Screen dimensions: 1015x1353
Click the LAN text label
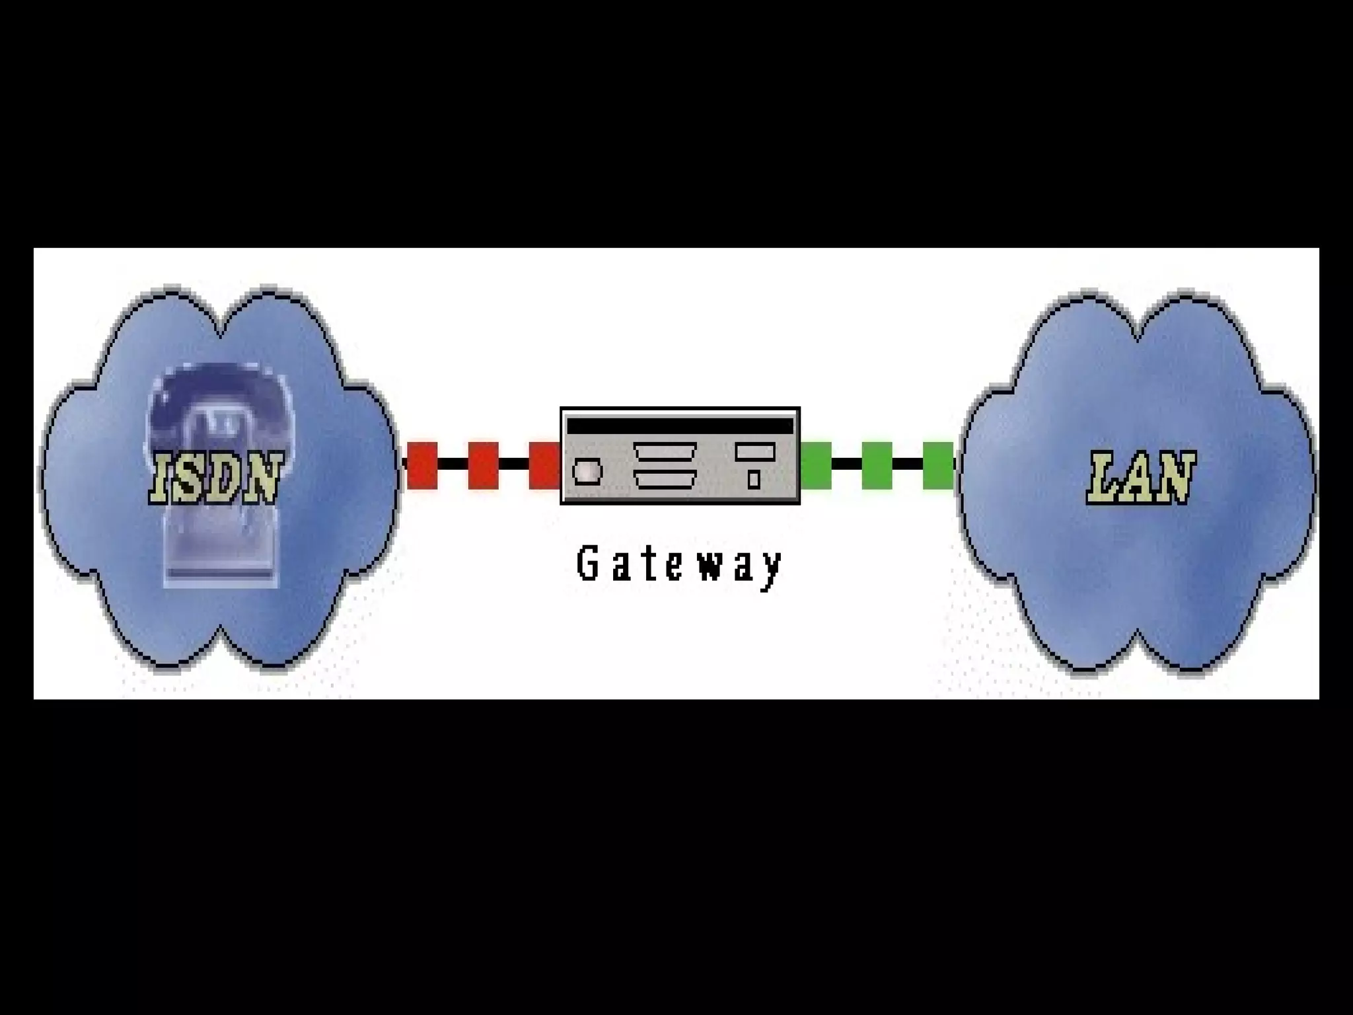[x=1140, y=477]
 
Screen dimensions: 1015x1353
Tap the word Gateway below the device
[x=680, y=565]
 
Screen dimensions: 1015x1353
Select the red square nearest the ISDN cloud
[x=422, y=465]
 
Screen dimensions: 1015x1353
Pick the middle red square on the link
[x=483, y=465]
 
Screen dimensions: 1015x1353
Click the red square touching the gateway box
[x=544, y=465]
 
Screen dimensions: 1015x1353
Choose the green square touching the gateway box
[x=816, y=465]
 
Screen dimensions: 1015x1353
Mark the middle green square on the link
[x=877, y=465]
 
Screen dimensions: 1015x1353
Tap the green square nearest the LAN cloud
[x=937, y=465]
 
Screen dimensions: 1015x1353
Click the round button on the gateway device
[x=587, y=472]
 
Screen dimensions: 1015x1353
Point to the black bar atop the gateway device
[x=680, y=426]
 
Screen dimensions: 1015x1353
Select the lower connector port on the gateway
[x=665, y=479]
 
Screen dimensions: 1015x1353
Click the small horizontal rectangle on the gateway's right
[x=754, y=452]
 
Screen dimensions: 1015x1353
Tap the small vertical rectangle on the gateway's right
[x=754, y=479]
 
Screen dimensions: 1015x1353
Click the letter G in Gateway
[x=587, y=564]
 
